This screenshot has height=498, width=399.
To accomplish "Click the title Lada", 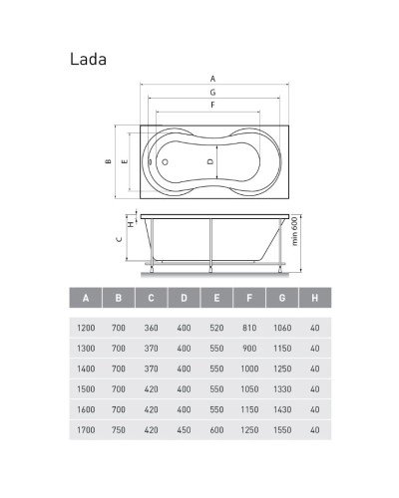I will click(x=88, y=58).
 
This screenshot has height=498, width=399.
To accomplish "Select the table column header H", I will click(x=314, y=298).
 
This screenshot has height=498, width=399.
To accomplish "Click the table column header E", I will click(x=216, y=298).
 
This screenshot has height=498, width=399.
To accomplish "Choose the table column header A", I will click(x=87, y=298).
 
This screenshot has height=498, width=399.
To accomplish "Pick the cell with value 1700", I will click(x=87, y=431).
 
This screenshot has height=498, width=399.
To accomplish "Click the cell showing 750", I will click(x=119, y=431).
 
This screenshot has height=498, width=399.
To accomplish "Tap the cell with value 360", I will click(x=152, y=327).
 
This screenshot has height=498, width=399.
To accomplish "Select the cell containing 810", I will click(x=249, y=327).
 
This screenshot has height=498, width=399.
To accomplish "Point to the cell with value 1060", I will click(x=282, y=327).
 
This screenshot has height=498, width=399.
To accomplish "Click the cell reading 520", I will click(x=216, y=327).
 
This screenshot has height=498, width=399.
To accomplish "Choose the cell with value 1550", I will click(x=282, y=431).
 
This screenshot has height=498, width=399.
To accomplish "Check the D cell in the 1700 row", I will click(x=184, y=431).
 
